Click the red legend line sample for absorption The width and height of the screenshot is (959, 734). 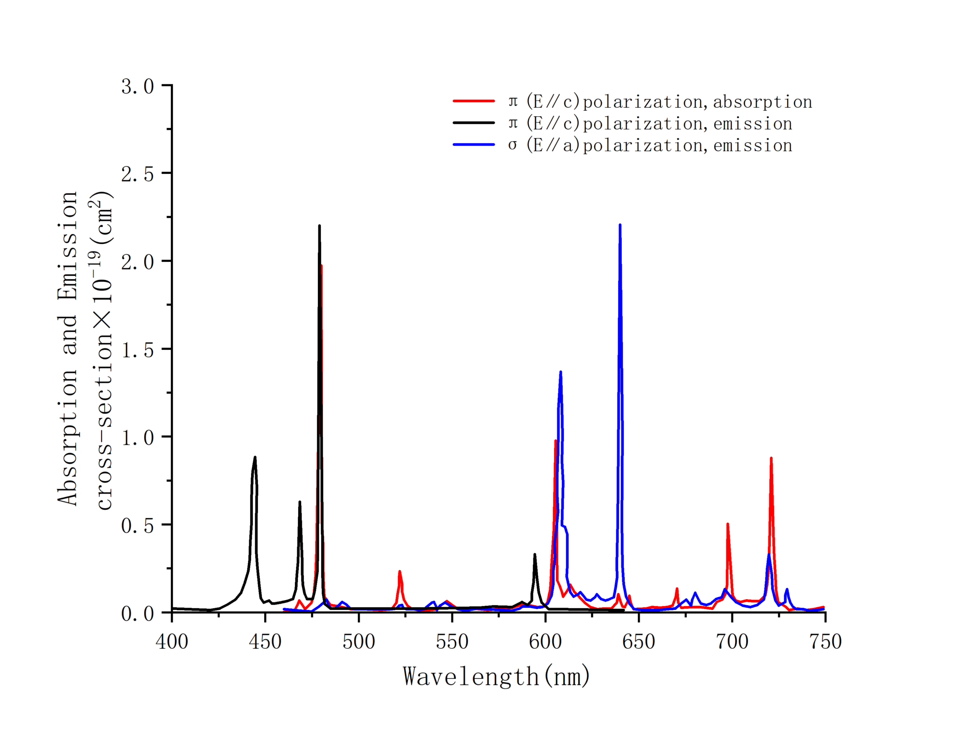tap(473, 101)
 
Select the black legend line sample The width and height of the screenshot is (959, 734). tap(473, 123)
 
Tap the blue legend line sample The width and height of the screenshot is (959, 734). tap(473, 145)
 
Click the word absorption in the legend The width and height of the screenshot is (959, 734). tap(762, 102)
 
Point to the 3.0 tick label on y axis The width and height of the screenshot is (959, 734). tap(137, 87)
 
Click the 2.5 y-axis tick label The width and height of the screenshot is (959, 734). tap(137, 174)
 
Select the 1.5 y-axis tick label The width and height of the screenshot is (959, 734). tap(137, 350)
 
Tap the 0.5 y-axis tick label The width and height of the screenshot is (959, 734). tap(137, 526)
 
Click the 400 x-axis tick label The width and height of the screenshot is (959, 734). tap(172, 641)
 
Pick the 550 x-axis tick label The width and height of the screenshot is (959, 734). tap(452, 641)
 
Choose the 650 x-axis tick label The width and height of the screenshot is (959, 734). tap(639, 641)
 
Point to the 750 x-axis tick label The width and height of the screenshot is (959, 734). tap(825, 641)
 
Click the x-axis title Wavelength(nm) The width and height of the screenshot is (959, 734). tap(496, 676)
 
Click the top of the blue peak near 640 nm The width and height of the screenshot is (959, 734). tap(620, 225)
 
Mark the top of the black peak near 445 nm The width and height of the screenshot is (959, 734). tap(255, 457)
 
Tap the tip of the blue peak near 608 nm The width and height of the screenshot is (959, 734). tap(561, 372)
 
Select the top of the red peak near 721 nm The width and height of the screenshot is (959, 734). tap(771, 458)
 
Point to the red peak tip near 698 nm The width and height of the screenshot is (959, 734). tap(727, 524)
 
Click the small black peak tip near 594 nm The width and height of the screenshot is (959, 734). tap(534, 555)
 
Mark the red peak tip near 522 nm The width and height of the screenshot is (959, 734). tap(399, 571)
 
